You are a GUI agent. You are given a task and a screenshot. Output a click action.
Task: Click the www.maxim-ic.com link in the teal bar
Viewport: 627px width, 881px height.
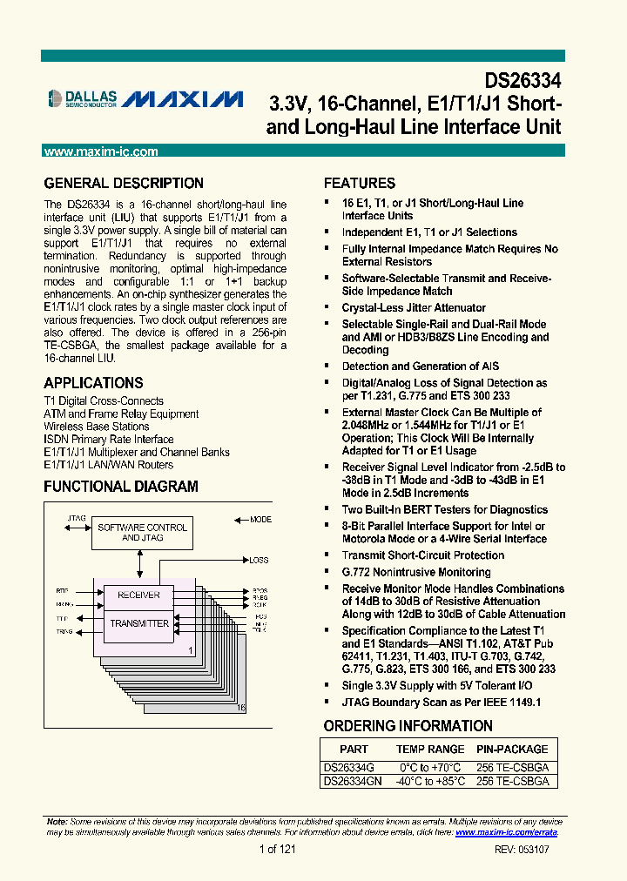tap(101, 151)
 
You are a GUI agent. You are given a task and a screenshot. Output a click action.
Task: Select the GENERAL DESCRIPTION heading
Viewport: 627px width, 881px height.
tap(124, 184)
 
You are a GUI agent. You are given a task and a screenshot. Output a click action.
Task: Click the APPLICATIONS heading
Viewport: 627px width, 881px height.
tap(93, 383)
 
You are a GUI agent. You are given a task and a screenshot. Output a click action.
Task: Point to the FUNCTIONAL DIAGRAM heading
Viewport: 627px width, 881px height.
tap(121, 487)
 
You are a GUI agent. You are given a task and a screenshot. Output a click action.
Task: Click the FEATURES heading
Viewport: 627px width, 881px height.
tap(360, 184)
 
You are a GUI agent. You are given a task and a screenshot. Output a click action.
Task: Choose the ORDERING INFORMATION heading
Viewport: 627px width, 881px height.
tap(408, 726)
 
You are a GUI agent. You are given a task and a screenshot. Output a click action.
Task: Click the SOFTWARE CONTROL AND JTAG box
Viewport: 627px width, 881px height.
tap(142, 533)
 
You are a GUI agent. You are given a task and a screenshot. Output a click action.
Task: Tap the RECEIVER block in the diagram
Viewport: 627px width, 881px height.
tap(138, 595)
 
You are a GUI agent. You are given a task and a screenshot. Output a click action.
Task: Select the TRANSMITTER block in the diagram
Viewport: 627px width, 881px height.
tap(139, 623)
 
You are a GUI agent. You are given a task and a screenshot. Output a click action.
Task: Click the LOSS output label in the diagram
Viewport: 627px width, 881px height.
tap(259, 560)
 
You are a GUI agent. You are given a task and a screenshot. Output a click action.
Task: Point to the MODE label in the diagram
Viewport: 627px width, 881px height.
tap(260, 520)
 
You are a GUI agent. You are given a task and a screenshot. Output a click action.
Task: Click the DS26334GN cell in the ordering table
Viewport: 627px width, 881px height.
tap(353, 782)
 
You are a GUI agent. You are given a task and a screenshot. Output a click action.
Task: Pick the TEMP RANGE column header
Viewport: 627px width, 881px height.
tap(430, 749)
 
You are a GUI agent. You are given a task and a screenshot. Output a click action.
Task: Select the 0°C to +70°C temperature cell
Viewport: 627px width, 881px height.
tap(430, 768)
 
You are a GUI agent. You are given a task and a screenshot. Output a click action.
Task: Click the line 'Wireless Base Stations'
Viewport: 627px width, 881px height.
tap(96, 427)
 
